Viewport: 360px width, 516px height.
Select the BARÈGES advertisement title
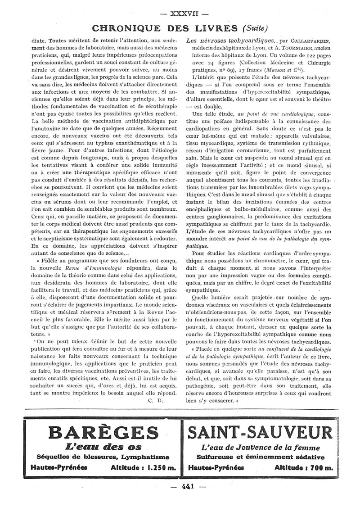pos(101,433)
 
